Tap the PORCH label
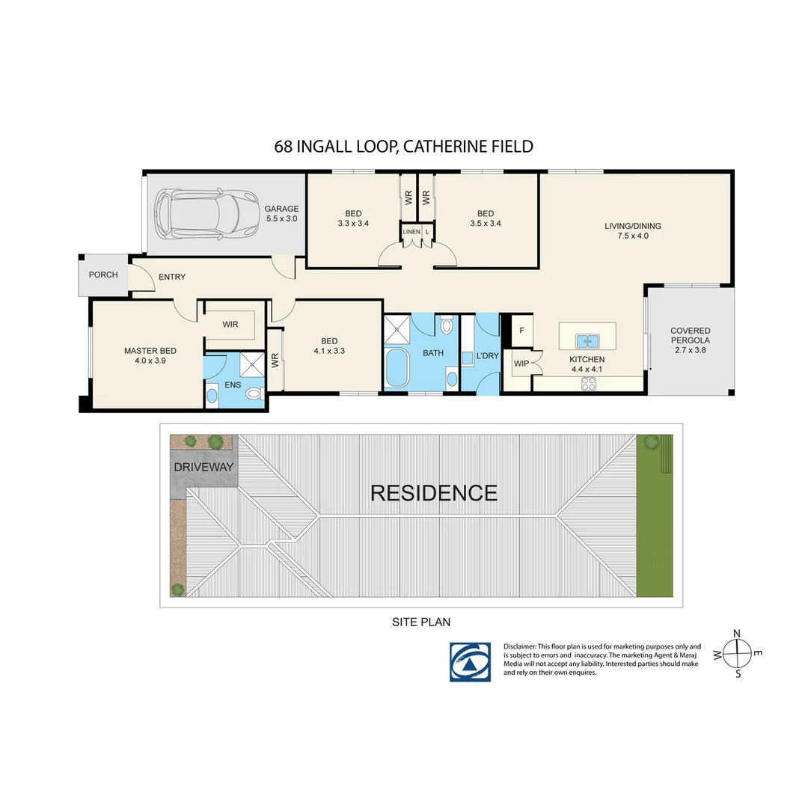point(103,275)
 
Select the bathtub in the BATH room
point(397,368)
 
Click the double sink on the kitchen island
point(587,341)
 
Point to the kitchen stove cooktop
point(589,383)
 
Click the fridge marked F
point(521,331)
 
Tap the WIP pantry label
point(521,364)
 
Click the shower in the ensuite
point(252,365)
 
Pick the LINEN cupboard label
point(411,232)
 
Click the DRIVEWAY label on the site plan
point(203,468)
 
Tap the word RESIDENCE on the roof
point(434,493)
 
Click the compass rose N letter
point(737,634)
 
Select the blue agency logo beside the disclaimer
point(470,661)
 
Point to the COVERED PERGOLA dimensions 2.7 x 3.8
point(691,350)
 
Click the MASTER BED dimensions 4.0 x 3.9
point(150,361)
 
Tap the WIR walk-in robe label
point(230,324)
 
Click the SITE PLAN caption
point(421,622)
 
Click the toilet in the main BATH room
point(446,325)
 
